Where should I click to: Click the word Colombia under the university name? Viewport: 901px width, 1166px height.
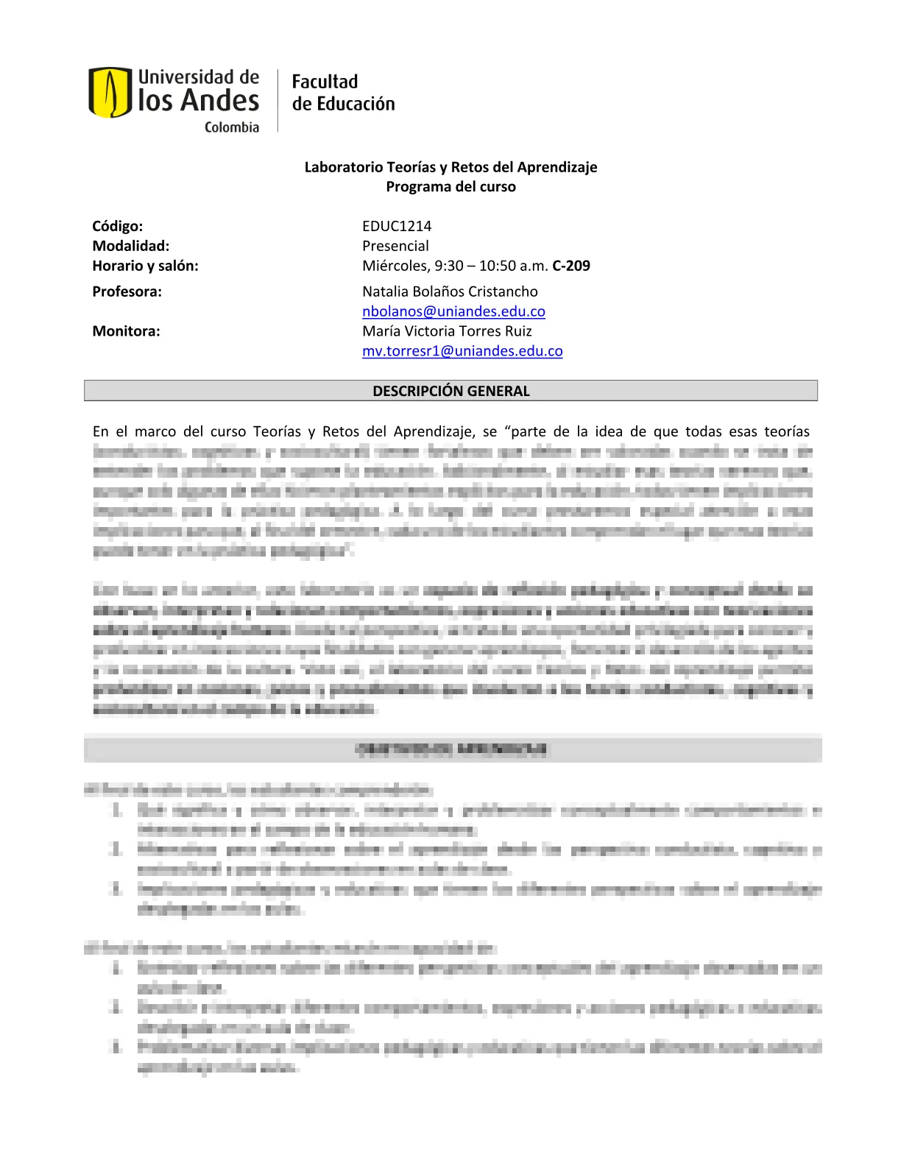(232, 127)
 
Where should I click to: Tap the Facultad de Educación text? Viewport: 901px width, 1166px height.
(343, 93)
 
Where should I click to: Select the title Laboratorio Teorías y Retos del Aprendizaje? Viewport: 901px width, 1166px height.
(451, 167)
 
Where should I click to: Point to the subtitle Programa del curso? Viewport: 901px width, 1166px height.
(451, 187)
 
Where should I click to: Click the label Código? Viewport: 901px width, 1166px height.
(118, 226)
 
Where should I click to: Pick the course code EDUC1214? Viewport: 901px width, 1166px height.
(397, 226)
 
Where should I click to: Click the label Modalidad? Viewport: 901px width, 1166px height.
(131, 246)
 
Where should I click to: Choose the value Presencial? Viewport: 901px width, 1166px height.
(395, 246)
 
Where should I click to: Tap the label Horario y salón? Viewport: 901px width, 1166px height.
(145, 266)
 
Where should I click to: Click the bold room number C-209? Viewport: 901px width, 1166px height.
(571, 266)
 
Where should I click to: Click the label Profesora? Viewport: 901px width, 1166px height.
(127, 291)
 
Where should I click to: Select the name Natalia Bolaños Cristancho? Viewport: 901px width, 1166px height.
(450, 291)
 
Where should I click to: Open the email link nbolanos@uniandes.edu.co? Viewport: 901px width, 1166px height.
(453, 311)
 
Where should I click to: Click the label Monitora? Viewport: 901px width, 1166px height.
(126, 331)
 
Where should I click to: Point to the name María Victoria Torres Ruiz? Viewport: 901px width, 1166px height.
(447, 331)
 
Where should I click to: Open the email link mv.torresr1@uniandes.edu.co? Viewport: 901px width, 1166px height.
(462, 351)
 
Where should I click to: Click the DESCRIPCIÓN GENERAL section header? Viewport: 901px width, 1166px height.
(451, 391)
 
